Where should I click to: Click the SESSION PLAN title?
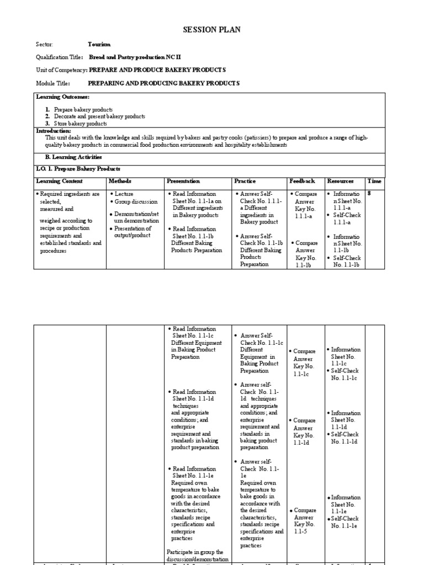coord(211,30)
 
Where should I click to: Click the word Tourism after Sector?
coord(99,44)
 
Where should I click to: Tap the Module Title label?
coord(53,83)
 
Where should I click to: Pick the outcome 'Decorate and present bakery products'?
coord(99,116)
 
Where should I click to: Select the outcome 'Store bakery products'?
coord(81,124)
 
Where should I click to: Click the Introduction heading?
coord(54,131)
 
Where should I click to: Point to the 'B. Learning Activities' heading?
coord(73,157)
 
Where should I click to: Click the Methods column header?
coord(120,181)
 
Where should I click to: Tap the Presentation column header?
coord(183,181)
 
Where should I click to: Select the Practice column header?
coord(245,181)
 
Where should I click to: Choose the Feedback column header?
coord(303,181)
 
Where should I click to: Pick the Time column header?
coord(374,181)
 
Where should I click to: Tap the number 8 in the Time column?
coord(369,194)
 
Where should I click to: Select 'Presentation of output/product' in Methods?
coord(132,232)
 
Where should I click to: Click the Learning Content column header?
coord(59,181)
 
